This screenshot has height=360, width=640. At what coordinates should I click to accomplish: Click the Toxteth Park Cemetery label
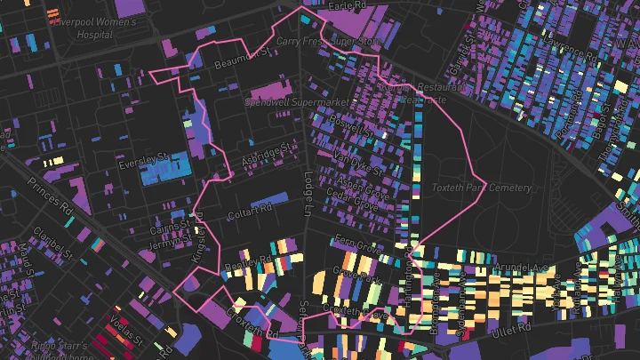[x=481, y=188]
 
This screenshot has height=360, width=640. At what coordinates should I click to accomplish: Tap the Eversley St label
[x=140, y=165]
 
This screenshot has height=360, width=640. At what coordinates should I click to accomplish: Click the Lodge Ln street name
[x=308, y=192]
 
